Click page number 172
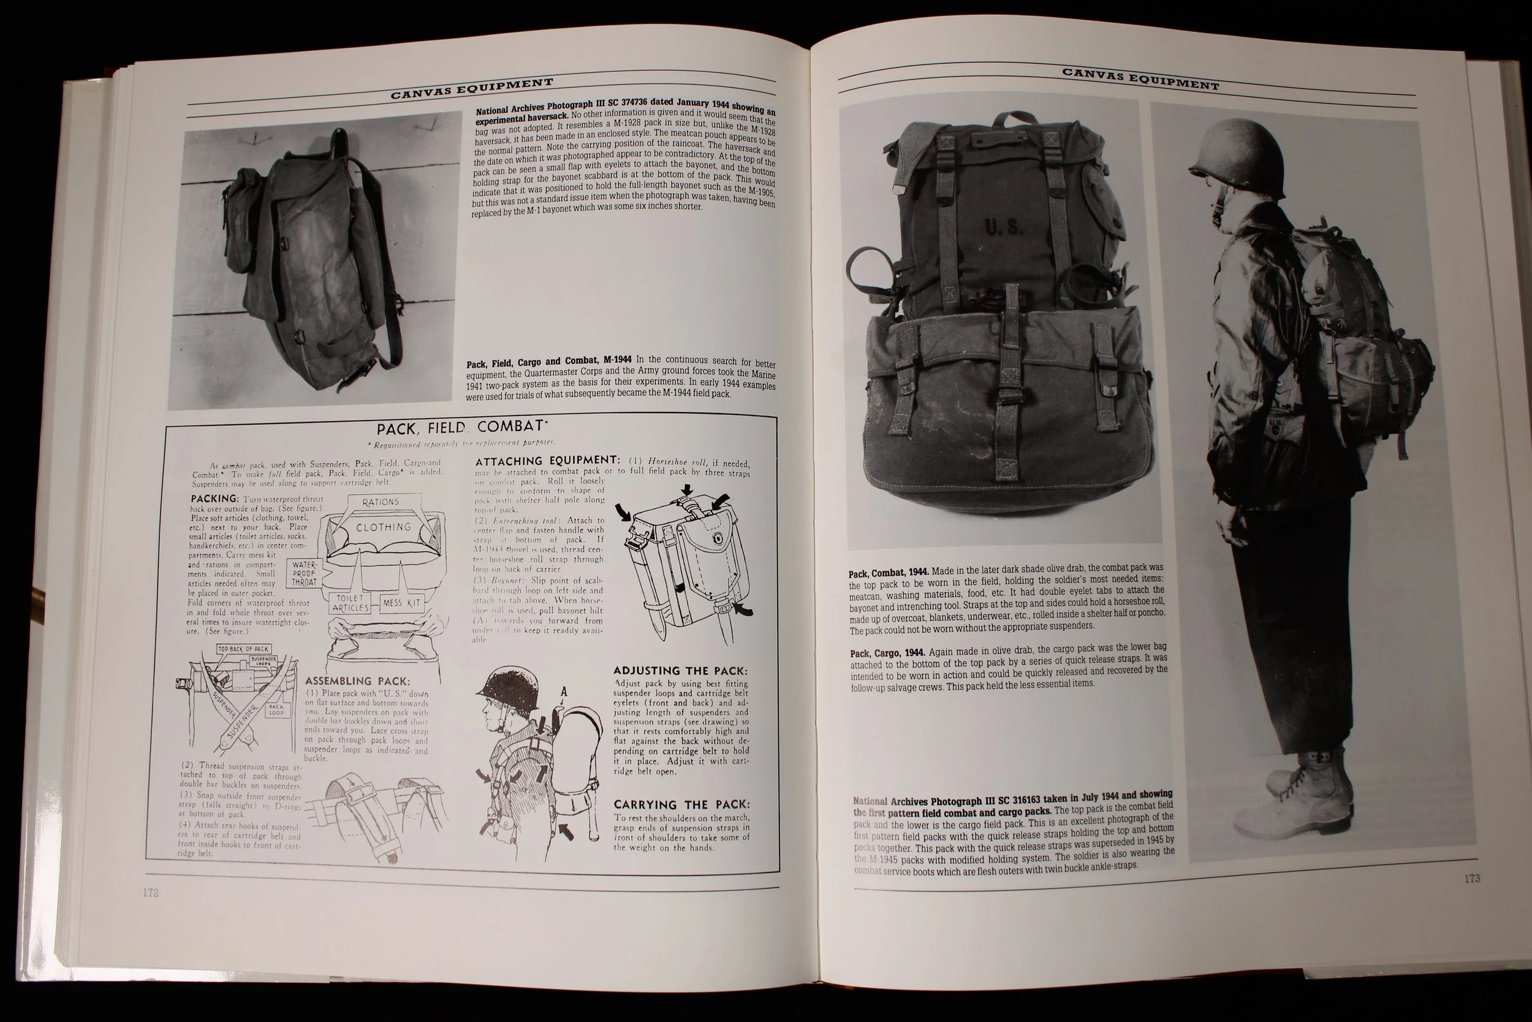[151, 892]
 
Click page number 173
[1472, 879]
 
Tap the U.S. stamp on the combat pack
[1004, 227]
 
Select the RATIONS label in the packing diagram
[381, 502]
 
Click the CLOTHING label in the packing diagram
[384, 527]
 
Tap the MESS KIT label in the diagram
[402, 603]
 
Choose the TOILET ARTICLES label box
[351, 603]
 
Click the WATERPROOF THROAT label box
[304, 574]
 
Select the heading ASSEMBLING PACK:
[358, 681]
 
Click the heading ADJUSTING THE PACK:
[680, 671]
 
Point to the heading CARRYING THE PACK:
[681, 804]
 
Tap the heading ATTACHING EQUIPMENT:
[547, 461]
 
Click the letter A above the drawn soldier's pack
[563, 692]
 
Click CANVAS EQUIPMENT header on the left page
[472, 89]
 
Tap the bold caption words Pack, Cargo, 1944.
[887, 652]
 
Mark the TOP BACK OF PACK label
[243, 649]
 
